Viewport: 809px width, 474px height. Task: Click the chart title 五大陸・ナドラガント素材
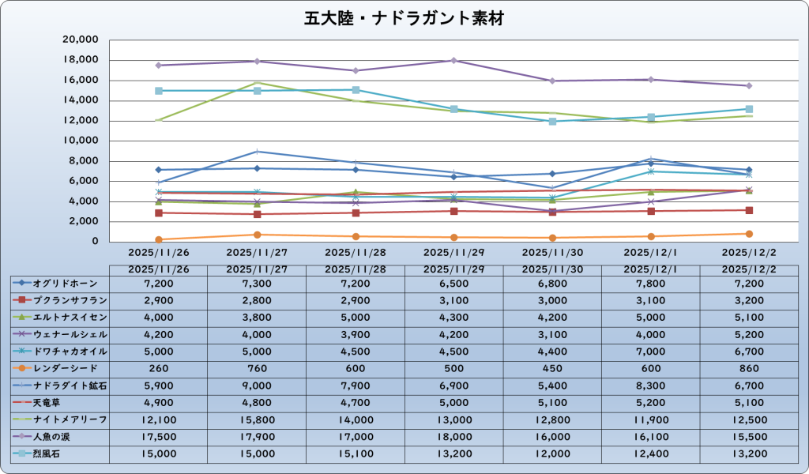click(404, 18)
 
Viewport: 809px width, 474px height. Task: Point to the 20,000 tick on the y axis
click(80, 39)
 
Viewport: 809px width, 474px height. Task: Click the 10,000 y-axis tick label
click(80, 141)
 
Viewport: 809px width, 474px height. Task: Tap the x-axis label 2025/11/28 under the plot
click(356, 252)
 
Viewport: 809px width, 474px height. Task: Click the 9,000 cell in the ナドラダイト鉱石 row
click(257, 386)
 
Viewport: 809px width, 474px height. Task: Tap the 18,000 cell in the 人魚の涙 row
click(454, 436)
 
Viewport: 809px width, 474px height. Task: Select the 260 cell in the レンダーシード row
click(158, 368)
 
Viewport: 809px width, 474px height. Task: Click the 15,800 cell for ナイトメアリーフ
click(257, 419)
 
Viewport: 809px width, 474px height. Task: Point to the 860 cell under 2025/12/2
click(749, 368)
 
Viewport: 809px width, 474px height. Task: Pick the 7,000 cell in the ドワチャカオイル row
click(651, 351)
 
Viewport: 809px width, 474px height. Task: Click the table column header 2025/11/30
click(552, 269)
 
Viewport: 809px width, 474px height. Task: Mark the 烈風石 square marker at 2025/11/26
click(159, 91)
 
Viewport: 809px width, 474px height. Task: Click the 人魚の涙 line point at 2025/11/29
click(454, 60)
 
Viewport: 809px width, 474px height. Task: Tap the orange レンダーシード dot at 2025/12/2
click(749, 234)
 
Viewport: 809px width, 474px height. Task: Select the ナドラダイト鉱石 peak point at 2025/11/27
click(257, 151)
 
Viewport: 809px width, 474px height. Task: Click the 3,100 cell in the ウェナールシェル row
click(552, 333)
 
